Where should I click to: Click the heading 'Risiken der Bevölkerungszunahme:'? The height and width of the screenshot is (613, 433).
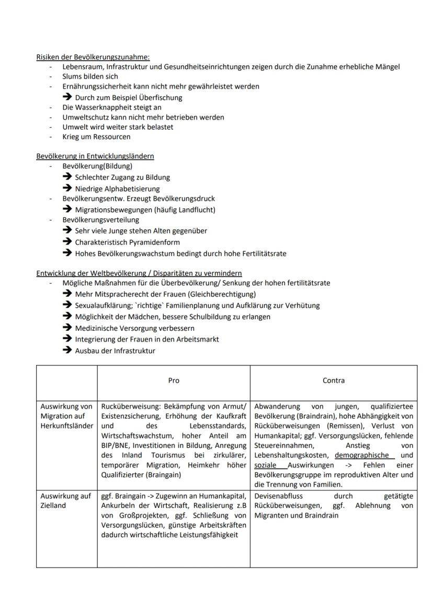tap(93, 57)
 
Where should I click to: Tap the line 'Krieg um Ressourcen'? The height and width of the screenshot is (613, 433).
tap(96, 137)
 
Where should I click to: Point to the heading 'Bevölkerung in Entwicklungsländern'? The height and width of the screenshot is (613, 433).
tap(95, 156)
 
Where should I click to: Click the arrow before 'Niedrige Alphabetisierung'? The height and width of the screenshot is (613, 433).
tap(67, 188)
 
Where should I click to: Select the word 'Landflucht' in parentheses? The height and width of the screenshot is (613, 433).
tap(196, 209)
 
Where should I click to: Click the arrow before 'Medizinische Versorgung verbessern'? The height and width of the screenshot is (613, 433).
tap(67, 328)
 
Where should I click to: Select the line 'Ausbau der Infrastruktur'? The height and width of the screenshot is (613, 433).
tap(115, 351)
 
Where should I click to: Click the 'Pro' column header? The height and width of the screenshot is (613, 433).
tap(174, 381)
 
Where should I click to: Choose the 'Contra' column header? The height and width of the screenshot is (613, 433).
tap(333, 381)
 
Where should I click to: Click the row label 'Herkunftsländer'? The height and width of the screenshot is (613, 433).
tap(66, 426)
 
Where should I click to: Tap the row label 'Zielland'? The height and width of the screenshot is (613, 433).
tap(53, 505)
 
